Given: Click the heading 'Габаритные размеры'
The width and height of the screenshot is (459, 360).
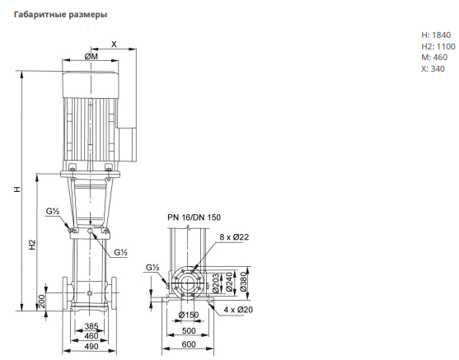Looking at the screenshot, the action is point(60,14).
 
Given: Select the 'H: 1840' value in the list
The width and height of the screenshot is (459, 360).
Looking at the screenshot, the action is point(436,35).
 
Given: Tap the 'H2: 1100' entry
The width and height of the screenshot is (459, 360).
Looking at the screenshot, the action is point(438,46).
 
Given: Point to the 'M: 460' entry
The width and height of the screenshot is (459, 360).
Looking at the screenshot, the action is point(434,58).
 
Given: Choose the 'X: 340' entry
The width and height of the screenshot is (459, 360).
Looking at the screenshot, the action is point(433,68).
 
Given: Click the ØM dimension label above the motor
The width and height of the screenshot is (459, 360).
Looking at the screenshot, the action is point(91,56).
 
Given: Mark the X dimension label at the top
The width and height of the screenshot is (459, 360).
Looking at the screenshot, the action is point(114,44).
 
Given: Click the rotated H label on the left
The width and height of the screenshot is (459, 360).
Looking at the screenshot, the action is point(17,189).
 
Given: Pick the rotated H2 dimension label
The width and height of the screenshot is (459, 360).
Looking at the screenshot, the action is point(32,245).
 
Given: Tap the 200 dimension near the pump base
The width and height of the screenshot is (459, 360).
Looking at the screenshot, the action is point(42,302).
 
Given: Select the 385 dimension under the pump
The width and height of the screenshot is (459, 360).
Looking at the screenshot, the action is point(91,326).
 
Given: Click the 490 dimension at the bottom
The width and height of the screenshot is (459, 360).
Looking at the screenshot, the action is point(91,347).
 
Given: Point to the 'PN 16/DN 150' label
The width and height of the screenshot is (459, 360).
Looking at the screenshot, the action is point(194,217).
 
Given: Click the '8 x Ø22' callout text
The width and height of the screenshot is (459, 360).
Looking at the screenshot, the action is point(234,236).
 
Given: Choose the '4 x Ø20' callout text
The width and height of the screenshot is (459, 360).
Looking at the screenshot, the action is point(238,310).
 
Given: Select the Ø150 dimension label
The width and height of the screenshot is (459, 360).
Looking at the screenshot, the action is point(189,315).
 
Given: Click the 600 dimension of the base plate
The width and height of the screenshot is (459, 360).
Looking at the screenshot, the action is point(189,344).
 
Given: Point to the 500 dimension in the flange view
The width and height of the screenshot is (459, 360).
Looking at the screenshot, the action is point(189,330).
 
